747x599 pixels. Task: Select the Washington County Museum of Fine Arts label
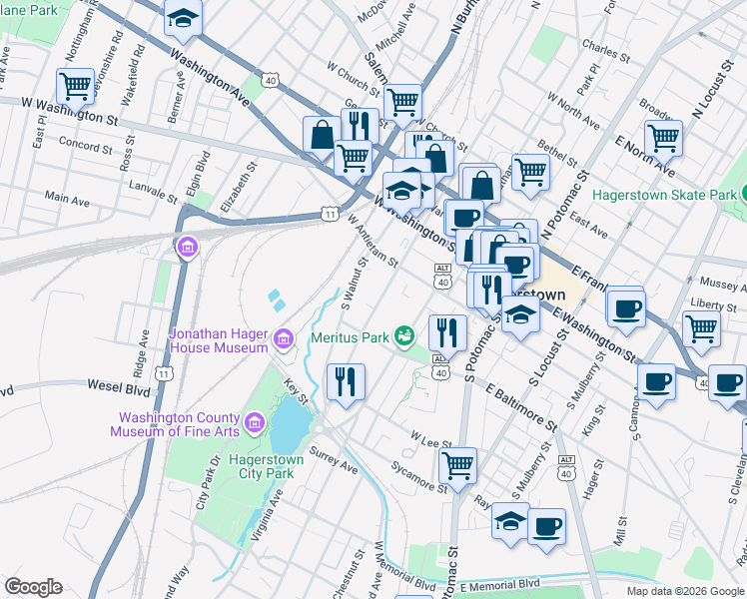tap(180, 425)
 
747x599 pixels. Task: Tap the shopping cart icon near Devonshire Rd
tap(75, 87)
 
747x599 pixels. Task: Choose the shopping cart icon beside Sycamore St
tap(457, 463)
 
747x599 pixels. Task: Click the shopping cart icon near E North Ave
tap(663, 138)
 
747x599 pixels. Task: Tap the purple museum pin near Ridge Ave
tap(187, 247)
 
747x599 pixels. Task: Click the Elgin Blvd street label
tap(203, 170)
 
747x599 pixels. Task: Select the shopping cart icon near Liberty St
tap(702, 326)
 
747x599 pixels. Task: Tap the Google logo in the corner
tap(34, 587)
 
